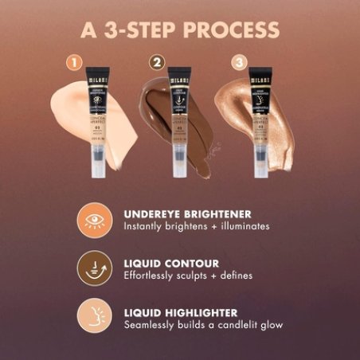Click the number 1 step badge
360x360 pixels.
[75, 61]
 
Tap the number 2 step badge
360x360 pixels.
[159, 61]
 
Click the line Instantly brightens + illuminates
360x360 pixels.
[197, 226]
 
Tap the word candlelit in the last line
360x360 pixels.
[234, 324]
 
